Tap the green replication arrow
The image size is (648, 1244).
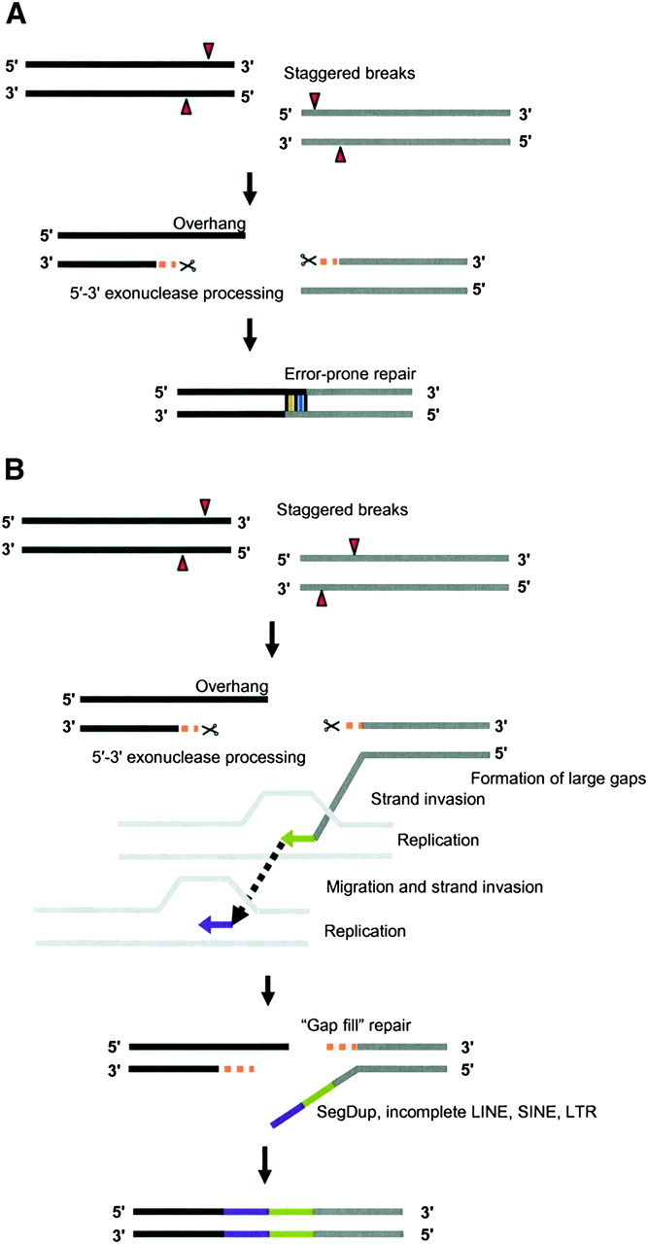(x=299, y=837)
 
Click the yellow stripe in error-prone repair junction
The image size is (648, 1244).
(x=290, y=402)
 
